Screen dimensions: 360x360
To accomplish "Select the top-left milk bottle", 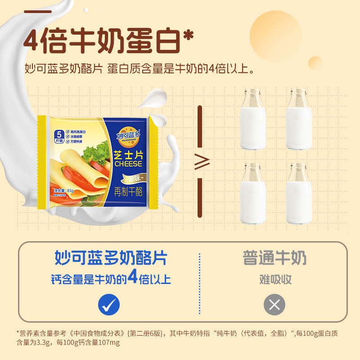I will click(x=252, y=119).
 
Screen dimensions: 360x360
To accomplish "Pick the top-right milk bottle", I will click(x=299, y=119).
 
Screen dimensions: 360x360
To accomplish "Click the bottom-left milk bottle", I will click(x=252, y=194).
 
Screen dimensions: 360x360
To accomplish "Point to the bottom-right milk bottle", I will click(x=299, y=194).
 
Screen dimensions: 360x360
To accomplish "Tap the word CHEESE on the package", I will click(x=128, y=164).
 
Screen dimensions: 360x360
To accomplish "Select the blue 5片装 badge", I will click(x=59, y=135).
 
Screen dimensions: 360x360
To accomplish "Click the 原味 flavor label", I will click(x=128, y=176).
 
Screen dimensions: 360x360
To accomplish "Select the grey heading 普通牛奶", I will click(x=274, y=258).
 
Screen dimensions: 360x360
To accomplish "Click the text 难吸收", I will click(x=275, y=279).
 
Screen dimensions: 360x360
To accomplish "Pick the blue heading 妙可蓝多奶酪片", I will click(x=111, y=258).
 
